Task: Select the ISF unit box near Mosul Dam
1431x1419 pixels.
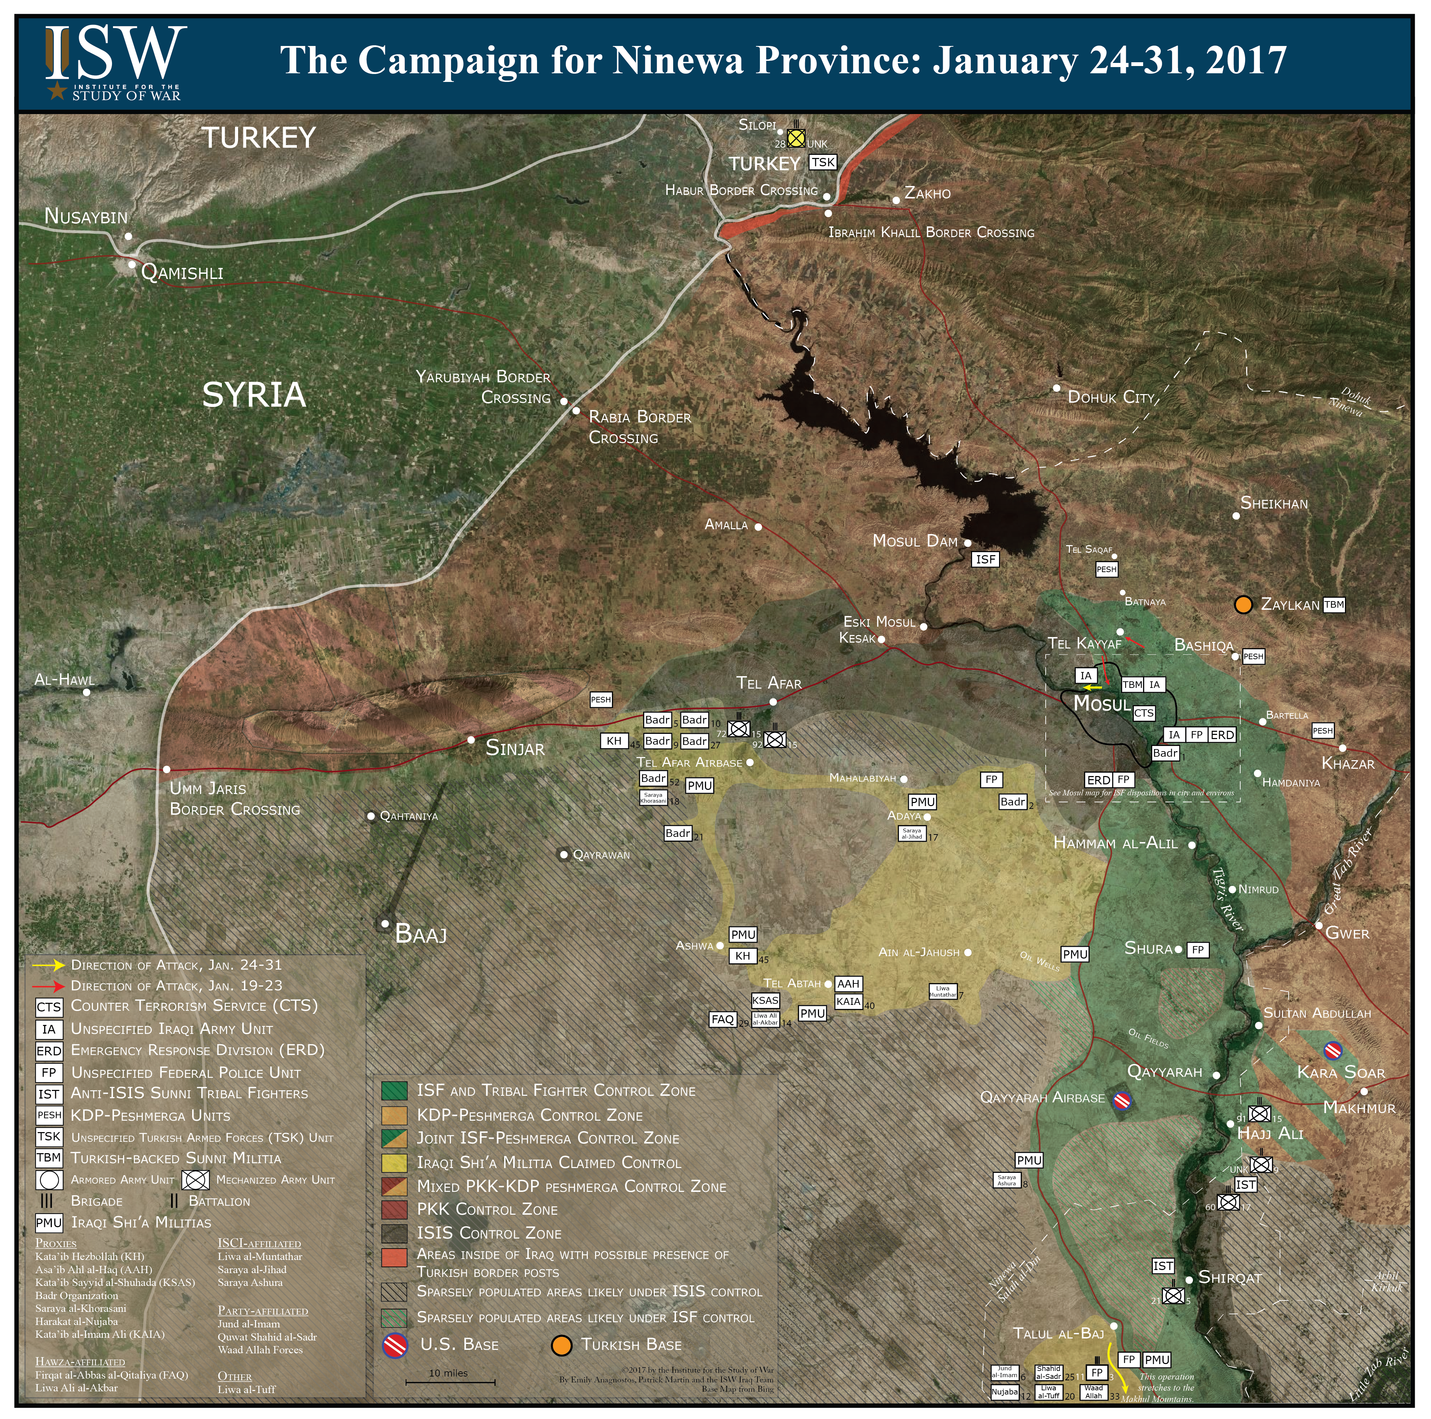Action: click(x=985, y=559)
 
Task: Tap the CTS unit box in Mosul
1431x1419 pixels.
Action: click(x=1143, y=713)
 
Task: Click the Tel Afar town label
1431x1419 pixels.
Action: click(x=769, y=683)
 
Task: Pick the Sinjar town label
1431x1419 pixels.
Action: click(x=515, y=748)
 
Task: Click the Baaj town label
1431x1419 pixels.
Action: click(x=421, y=934)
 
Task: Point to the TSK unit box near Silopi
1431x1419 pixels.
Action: click(x=822, y=162)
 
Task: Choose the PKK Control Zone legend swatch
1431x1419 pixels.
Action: click(x=394, y=1209)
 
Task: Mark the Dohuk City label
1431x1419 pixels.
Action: click(x=1111, y=397)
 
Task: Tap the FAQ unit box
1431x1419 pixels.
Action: click(x=722, y=1020)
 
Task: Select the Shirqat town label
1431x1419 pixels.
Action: click(x=1230, y=1278)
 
